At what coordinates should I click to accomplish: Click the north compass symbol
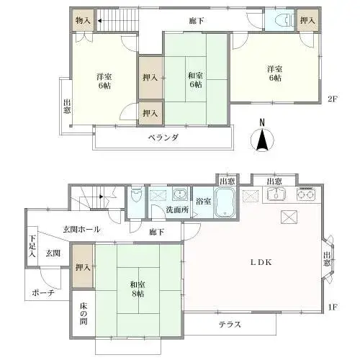(262, 140)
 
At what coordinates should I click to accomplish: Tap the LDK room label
(261, 262)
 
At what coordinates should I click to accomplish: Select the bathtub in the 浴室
(225, 202)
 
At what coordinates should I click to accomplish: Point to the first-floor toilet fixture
(136, 195)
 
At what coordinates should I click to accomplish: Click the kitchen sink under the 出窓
(276, 194)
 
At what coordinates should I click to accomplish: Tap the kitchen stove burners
(306, 194)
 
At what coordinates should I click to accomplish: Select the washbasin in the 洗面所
(179, 194)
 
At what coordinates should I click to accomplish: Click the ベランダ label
(163, 138)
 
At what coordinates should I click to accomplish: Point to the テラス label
(230, 325)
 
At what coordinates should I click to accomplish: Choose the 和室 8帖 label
(138, 289)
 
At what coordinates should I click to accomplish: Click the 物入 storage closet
(83, 21)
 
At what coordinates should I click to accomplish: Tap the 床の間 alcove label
(84, 314)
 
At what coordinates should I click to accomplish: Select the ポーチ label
(43, 293)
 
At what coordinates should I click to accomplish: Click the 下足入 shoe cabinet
(32, 246)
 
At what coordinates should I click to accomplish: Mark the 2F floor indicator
(333, 99)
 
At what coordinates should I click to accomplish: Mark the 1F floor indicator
(333, 307)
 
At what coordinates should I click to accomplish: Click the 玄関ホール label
(81, 230)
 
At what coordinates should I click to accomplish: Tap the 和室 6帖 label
(195, 80)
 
